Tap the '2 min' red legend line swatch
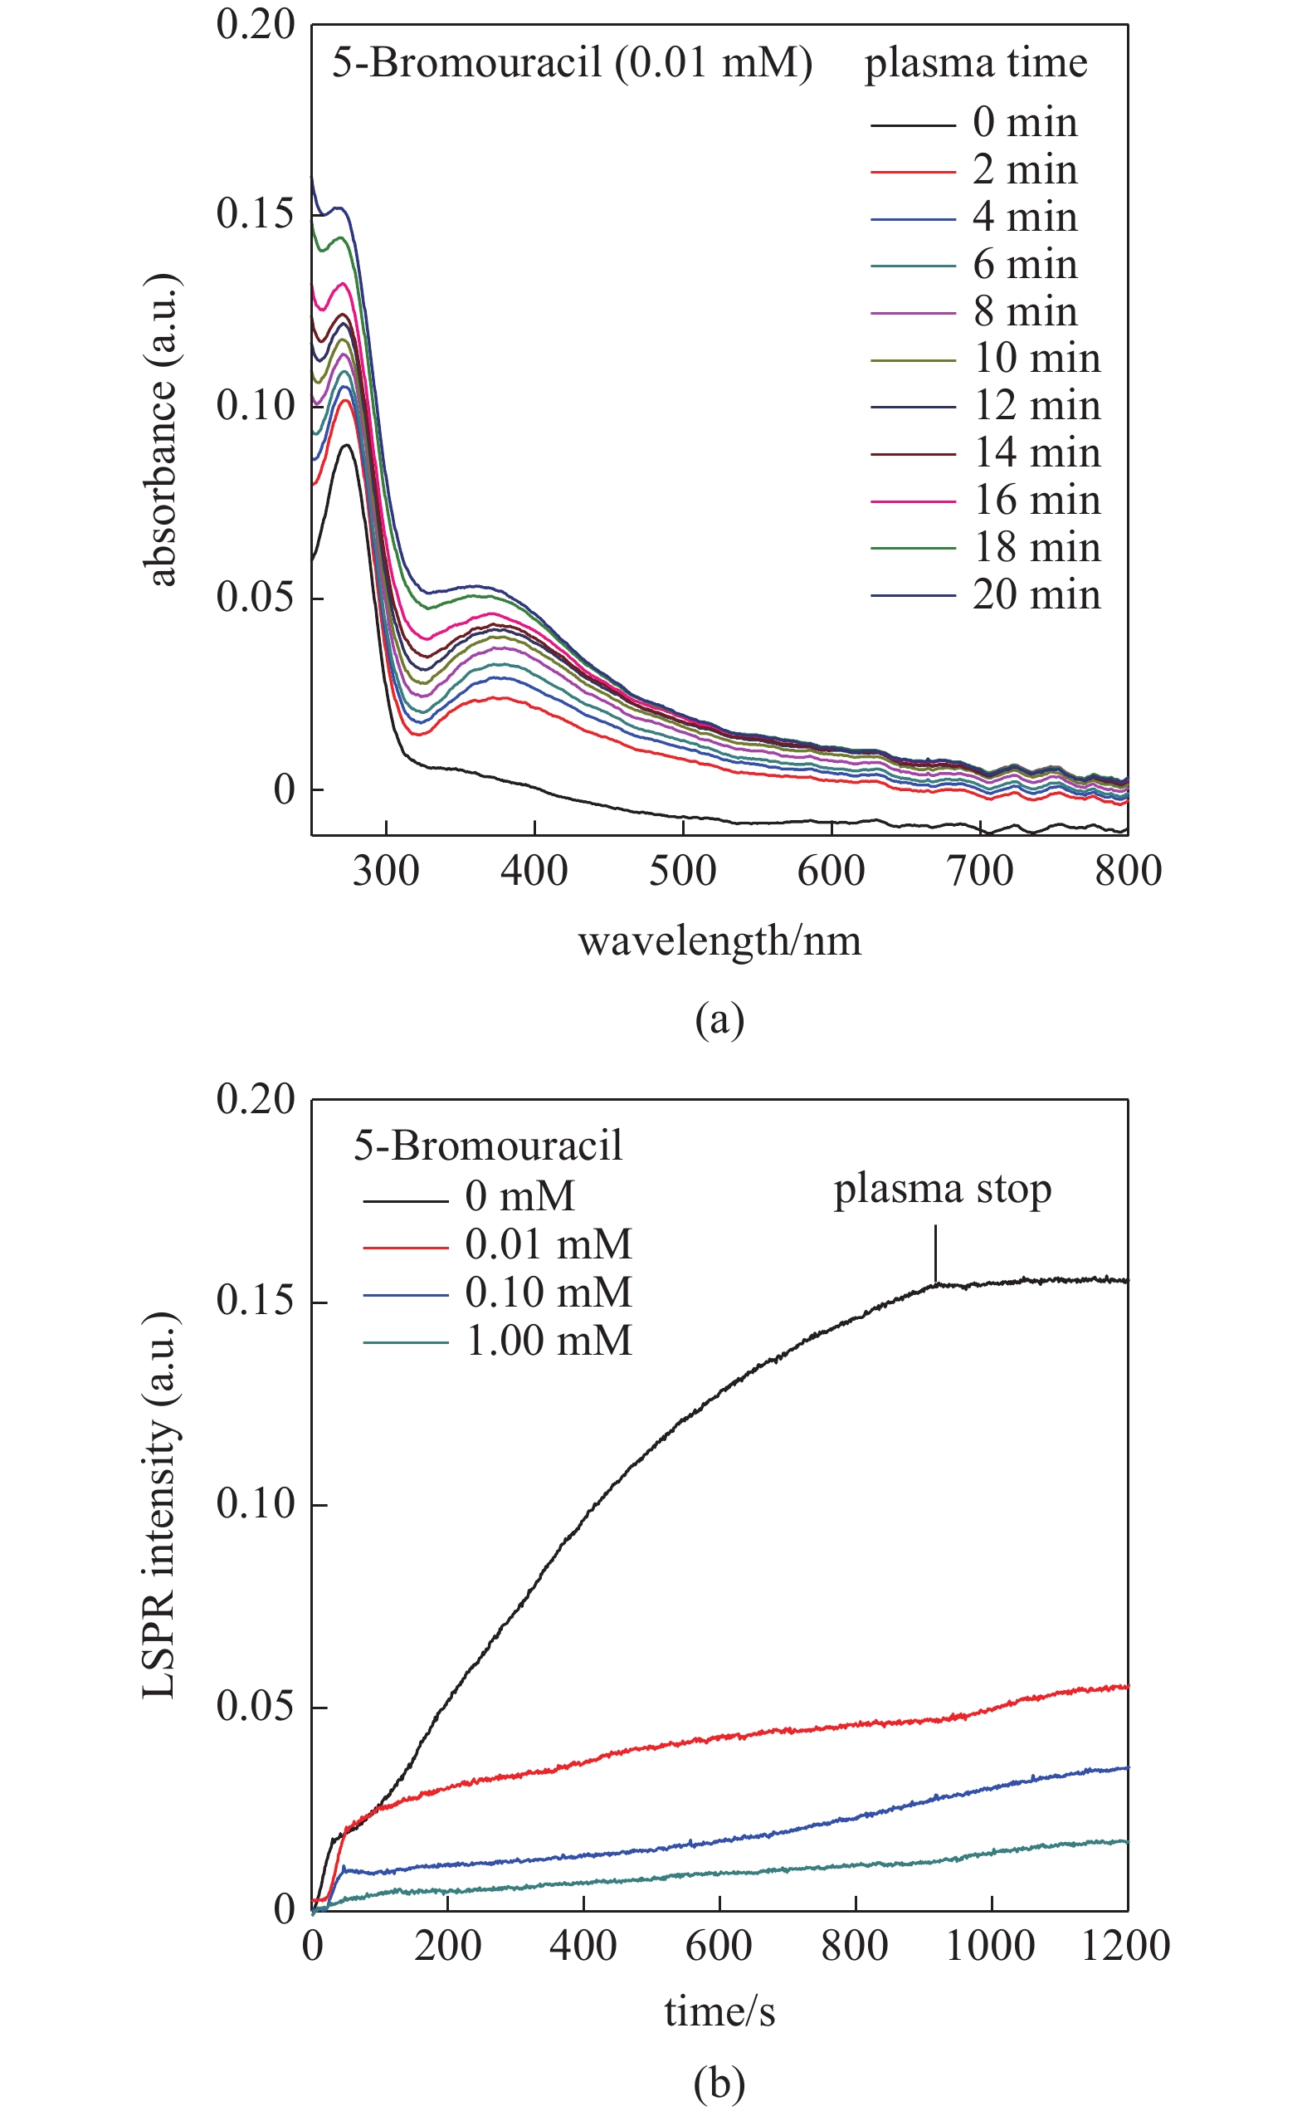(913, 172)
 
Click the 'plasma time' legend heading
(976, 64)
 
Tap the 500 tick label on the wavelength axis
(683, 872)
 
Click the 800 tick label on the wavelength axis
(1127, 872)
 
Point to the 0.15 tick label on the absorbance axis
(255, 213)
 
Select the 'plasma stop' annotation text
(942, 1190)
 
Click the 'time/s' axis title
(719, 2012)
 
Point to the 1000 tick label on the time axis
(991, 1947)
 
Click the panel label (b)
(719, 2084)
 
